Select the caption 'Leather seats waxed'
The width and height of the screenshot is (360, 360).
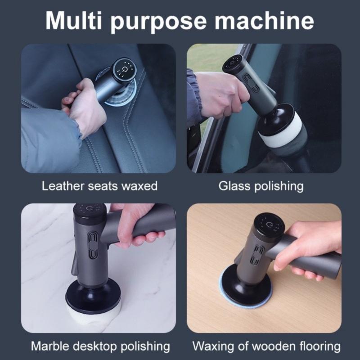coord(99,186)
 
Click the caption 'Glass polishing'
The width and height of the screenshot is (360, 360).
coord(261,186)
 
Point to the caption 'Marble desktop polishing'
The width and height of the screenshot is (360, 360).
coord(100,346)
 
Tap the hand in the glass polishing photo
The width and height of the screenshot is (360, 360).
coord(220,92)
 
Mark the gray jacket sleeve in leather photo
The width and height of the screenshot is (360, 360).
coord(45,135)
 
